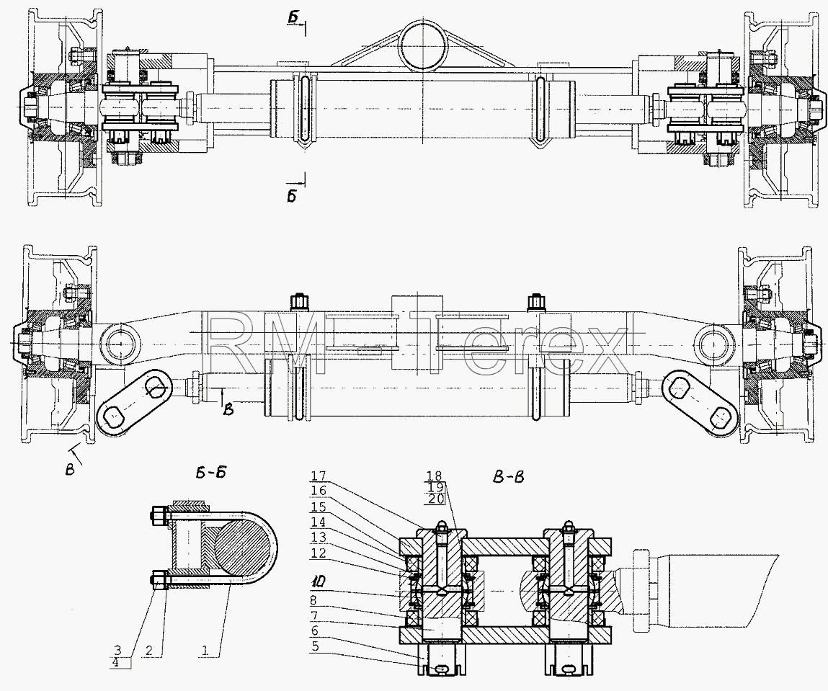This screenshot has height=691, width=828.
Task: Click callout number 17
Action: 319,475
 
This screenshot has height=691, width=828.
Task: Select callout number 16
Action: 319,491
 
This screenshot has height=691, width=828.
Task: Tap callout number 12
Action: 319,553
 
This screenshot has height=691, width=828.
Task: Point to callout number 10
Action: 319,581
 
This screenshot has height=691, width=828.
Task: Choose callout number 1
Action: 205,651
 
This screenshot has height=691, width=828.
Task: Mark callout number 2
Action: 149,651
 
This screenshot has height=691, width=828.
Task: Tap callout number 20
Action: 436,498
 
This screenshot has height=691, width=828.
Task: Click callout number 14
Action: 319,522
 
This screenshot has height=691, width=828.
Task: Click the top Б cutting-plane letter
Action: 294,18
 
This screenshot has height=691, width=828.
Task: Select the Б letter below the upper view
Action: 292,196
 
